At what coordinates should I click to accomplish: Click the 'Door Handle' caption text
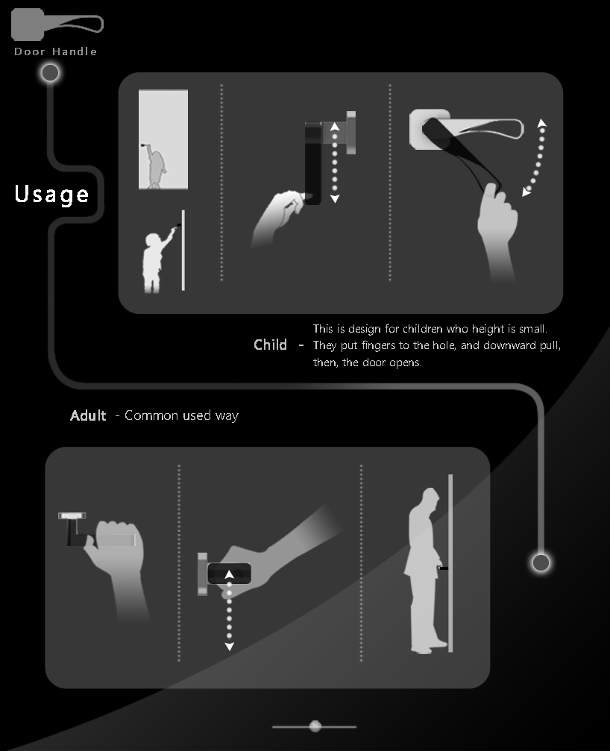pyautogui.click(x=56, y=51)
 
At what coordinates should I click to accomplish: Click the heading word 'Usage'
pyautogui.click(x=51, y=194)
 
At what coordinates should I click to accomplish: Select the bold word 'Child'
pyautogui.click(x=270, y=345)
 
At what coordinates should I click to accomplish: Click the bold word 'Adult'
pyautogui.click(x=88, y=415)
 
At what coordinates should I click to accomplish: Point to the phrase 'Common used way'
pyautogui.click(x=181, y=415)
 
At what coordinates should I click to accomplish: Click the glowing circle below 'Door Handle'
pyautogui.click(x=50, y=72)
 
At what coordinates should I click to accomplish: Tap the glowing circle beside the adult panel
pyautogui.click(x=541, y=562)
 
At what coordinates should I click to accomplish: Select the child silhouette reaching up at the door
pyautogui.click(x=157, y=261)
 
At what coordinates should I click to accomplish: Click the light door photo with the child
pyautogui.click(x=163, y=139)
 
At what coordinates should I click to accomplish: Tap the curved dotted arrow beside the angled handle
pyautogui.click(x=535, y=157)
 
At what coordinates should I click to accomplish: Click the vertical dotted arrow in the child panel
pyautogui.click(x=335, y=163)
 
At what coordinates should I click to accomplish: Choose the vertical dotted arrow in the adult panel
pyautogui.click(x=229, y=610)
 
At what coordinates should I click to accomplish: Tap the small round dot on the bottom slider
pyautogui.click(x=315, y=726)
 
